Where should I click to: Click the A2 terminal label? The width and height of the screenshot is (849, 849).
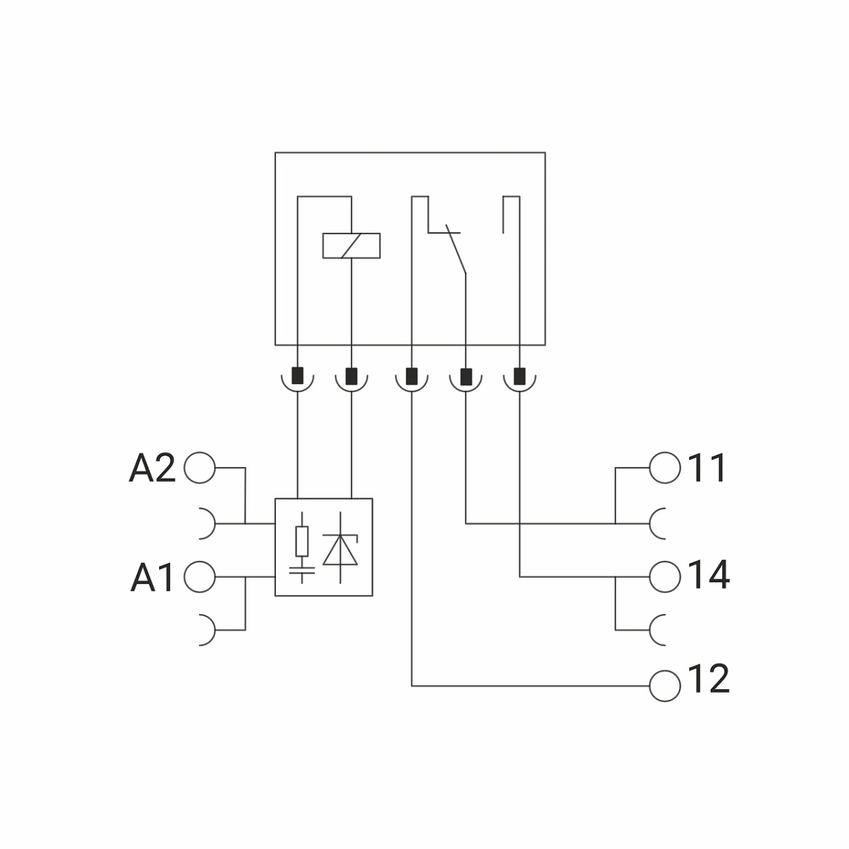click(x=151, y=468)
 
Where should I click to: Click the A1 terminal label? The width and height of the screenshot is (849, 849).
click(x=151, y=577)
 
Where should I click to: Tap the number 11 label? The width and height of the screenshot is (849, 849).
click(x=706, y=468)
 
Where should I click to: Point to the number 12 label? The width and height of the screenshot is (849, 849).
click(x=707, y=679)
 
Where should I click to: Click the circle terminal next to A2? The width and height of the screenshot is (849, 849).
click(x=200, y=468)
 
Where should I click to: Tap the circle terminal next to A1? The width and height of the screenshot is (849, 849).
click(x=200, y=577)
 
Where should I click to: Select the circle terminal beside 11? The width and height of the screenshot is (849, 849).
click(x=664, y=468)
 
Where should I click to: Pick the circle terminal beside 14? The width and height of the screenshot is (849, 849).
click(x=664, y=577)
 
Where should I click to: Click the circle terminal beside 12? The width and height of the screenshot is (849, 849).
click(x=664, y=686)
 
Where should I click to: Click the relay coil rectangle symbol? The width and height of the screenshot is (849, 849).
click(x=352, y=246)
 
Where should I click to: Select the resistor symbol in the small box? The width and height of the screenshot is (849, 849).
click(x=302, y=541)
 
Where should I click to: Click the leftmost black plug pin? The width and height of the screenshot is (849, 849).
click(x=298, y=375)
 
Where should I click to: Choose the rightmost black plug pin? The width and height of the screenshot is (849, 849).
click(x=519, y=375)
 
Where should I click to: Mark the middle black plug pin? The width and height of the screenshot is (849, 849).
click(x=412, y=375)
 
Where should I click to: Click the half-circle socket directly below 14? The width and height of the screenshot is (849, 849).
click(x=658, y=630)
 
